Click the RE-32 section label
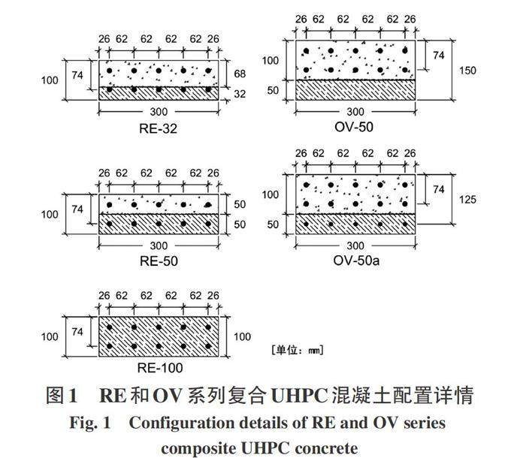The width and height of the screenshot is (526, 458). pos(158,128)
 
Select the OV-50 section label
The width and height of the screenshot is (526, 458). pos(353,128)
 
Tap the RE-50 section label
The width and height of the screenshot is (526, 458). pos(158,261)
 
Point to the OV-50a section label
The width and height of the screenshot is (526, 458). pos(353,261)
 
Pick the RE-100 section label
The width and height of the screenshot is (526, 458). pos(159,368)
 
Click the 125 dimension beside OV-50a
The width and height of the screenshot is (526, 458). pos(468,200)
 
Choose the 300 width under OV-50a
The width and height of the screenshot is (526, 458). pos(355,246)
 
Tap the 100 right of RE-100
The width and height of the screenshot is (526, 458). pos(242,337)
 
